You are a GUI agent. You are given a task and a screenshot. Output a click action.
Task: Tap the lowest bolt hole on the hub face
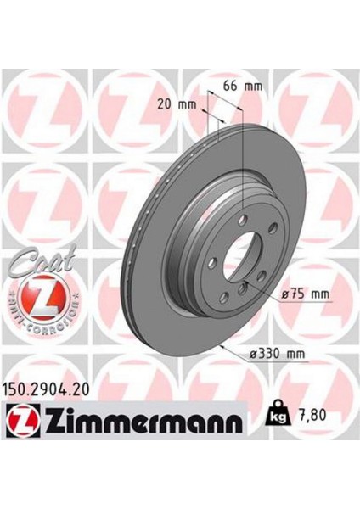tap(222, 293)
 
